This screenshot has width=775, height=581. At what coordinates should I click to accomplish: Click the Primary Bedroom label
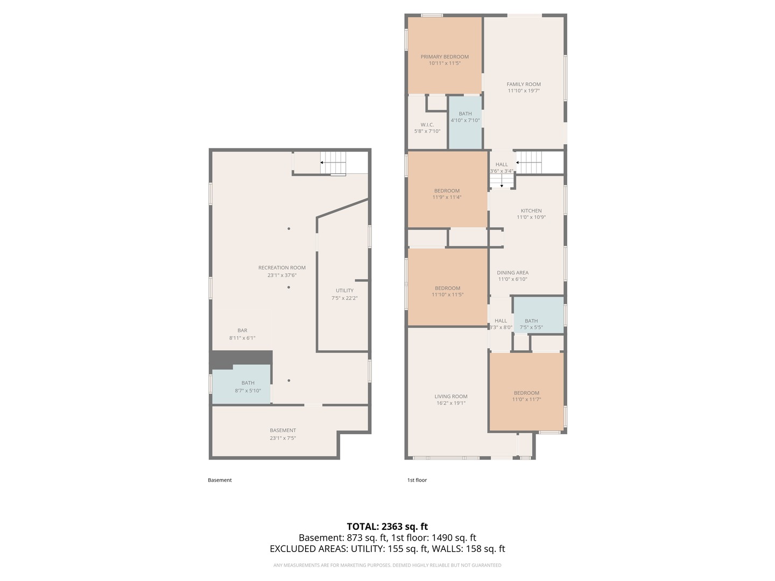[445, 56]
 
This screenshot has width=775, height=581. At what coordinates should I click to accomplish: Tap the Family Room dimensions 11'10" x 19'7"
[523, 91]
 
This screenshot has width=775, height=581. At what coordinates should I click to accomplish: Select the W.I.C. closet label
[427, 125]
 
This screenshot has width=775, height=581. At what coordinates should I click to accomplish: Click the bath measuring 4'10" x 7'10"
[465, 117]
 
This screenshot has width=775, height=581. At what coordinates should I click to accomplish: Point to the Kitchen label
[531, 211]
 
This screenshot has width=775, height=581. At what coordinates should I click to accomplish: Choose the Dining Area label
[512, 273]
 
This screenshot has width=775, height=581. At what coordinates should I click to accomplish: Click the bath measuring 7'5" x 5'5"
[531, 324]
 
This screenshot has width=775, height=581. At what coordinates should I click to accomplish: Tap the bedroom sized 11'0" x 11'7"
[526, 396]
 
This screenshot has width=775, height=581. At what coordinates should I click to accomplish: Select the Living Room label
[450, 396]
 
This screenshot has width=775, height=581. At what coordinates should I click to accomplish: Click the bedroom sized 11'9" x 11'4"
[447, 194]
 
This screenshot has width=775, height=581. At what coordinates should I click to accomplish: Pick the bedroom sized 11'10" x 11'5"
[447, 291]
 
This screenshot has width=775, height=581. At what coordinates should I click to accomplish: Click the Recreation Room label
[281, 268]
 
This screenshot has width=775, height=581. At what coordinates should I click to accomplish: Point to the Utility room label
[344, 290]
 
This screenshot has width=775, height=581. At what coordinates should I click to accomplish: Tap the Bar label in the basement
[242, 331]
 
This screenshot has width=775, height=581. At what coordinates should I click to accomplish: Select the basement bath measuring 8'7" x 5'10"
[248, 386]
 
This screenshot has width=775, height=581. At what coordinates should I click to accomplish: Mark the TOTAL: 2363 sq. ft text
[387, 527]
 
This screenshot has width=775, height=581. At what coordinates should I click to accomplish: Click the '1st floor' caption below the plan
[417, 480]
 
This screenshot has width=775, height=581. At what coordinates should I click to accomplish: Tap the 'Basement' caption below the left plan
[220, 480]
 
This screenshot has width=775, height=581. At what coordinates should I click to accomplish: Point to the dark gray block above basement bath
[241, 357]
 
